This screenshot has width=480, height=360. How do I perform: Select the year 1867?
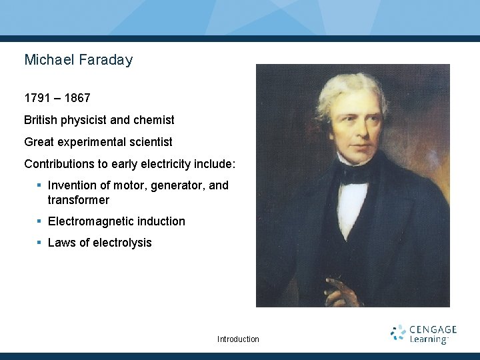point(77,99)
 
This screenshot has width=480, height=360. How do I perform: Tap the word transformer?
point(79,200)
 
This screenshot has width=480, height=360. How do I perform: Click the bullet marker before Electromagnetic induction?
point(39,221)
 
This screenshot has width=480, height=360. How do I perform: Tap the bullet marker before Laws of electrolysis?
point(39,243)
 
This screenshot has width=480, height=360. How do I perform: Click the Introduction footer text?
point(238,339)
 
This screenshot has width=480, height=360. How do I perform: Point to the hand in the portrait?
point(340,291)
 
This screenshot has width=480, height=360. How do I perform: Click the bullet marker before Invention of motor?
point(39,185)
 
